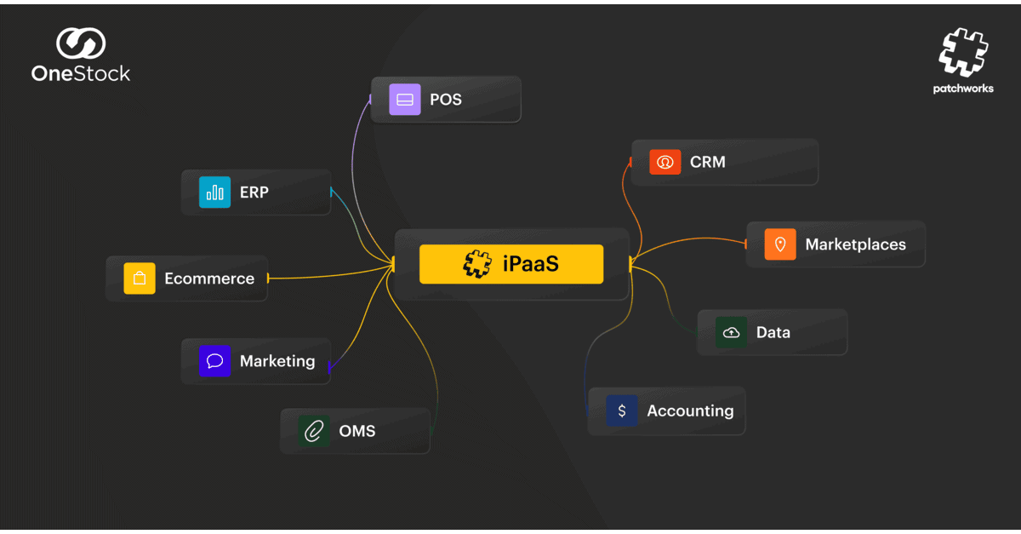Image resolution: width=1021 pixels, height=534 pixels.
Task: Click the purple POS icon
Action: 405,100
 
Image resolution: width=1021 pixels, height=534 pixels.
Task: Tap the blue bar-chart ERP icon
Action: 214,192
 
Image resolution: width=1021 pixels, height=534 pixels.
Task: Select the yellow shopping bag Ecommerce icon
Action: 140,278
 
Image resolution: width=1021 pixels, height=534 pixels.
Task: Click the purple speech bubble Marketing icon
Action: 214,361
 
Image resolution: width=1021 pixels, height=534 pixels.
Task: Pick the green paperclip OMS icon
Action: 314,431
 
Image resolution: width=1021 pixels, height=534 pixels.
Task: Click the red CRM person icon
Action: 665,162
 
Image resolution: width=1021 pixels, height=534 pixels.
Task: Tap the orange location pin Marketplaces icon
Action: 780,244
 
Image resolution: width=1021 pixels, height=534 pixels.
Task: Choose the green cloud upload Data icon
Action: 731,332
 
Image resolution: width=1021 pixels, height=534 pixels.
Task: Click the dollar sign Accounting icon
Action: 622,411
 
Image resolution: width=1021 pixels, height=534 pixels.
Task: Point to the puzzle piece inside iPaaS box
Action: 477,264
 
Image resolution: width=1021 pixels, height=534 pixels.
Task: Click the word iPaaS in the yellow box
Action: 531,264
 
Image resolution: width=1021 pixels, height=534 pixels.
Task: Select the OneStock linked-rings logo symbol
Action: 81,43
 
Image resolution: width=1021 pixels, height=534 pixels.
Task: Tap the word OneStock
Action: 81,73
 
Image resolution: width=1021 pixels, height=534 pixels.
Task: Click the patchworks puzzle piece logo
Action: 963,53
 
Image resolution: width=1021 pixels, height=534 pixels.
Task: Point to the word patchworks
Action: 963,89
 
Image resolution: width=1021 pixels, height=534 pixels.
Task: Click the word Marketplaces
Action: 856,244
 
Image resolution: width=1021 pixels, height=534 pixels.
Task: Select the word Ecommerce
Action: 209,278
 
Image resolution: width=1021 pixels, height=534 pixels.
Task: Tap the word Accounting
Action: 691,411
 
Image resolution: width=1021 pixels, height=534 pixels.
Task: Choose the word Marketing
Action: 277,361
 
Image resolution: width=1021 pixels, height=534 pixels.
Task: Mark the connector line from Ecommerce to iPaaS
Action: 330,275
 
